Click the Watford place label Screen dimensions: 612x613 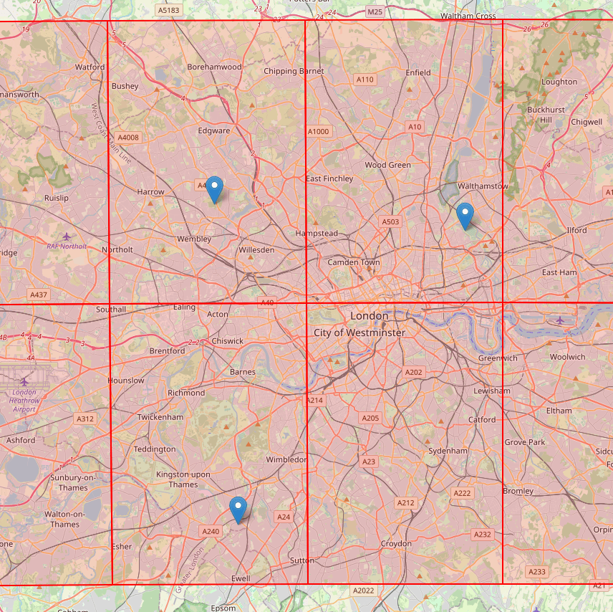tap(90, 67)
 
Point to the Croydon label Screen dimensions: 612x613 tap(396, 544)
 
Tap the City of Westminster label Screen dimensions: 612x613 tap(359, 333)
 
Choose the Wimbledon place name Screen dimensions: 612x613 tap(286, 459)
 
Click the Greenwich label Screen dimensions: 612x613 tap(497, 358)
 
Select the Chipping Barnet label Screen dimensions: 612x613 tap(294, 71)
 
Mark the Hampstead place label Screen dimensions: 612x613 tap(317, 234)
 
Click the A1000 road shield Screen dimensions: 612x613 tap(318, 131)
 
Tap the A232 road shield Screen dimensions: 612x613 tap(483, 535)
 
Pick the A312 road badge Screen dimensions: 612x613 tap(85, 419)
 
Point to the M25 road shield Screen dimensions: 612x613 tap(375, 12)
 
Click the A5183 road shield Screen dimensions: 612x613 tap(168, 11)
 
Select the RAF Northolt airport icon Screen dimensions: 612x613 tap(67, 236)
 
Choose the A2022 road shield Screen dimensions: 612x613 tap(363, 591)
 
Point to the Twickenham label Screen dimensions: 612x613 tap(160, 417)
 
